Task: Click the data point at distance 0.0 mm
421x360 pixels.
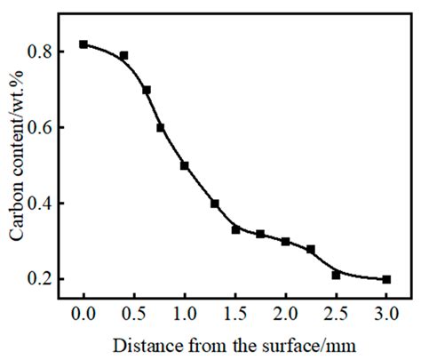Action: (83, 44)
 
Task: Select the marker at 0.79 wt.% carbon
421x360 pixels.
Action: (123, 55)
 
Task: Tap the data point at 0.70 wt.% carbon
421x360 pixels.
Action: (147, 90)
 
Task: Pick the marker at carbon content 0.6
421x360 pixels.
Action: (161, 127)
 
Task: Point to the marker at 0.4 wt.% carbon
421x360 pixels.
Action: (215, 204)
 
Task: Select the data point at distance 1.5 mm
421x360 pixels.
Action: (235, 229)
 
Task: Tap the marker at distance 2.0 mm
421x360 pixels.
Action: (285, 241)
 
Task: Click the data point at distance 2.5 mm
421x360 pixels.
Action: (336, 275)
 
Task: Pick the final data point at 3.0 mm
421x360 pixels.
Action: (386, 279)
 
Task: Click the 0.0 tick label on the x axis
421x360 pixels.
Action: (83, 314)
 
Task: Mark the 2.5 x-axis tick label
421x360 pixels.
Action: (336, 314)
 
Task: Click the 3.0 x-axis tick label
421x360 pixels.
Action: (386, 314)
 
